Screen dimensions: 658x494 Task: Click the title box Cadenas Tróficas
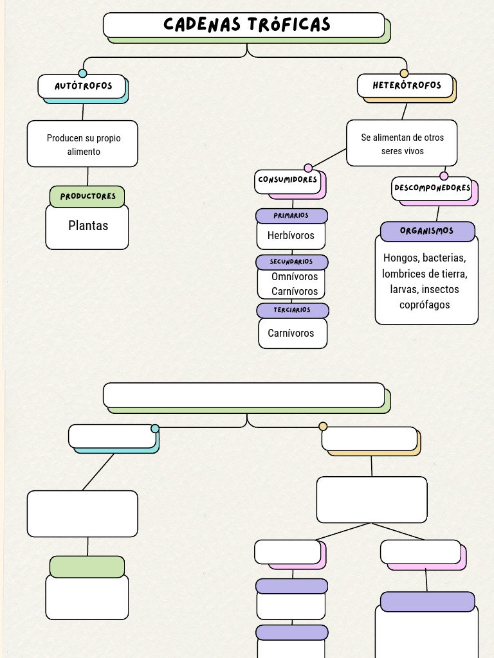tap(244, 25)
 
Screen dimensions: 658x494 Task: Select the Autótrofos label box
tap(82, 86)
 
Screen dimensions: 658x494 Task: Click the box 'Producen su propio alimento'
tap(82, 144)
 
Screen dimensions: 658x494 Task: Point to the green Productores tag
tap(87, 197)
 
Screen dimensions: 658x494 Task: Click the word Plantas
tap(88, 226)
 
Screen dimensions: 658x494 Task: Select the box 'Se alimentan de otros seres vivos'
tap(402, 143)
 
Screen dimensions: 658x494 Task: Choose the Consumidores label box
tap(288, 181)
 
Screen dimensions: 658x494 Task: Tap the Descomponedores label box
tap(432, 188)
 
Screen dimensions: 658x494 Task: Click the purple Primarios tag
tap(291, 216)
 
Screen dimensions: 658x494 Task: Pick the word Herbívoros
tap(291, 236)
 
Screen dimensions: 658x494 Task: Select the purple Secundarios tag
tap(291, 262)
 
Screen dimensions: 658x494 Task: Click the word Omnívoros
tap(295, 277)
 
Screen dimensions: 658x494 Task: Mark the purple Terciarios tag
tap(292, 310)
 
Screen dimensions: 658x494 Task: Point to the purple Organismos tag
tap(427, 231)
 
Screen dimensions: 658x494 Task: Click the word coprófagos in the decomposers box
tap(425, 305)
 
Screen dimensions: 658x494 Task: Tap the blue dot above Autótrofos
tap(82, 73)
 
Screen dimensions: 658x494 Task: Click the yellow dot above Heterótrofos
tap(404, 73)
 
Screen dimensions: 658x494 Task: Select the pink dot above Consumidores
tap(308, 168)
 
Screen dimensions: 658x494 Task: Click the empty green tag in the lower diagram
tap(87, 567)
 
